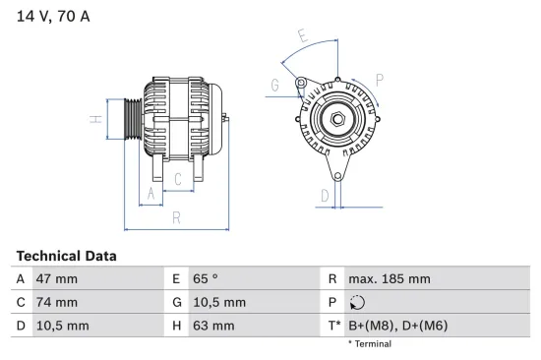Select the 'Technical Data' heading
(66, 255)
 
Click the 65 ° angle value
(204, 279)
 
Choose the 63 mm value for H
(213, 326)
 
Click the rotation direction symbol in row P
(356, 303)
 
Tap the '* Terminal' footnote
(370, 344)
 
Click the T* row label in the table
(333, 326)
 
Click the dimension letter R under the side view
(175, 217)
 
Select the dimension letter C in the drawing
(177, 179)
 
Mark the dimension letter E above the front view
(303, 37)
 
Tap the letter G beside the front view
(274, 86)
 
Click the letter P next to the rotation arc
(379, 78)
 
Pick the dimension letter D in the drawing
(324, 195)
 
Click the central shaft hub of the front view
(335, 119)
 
